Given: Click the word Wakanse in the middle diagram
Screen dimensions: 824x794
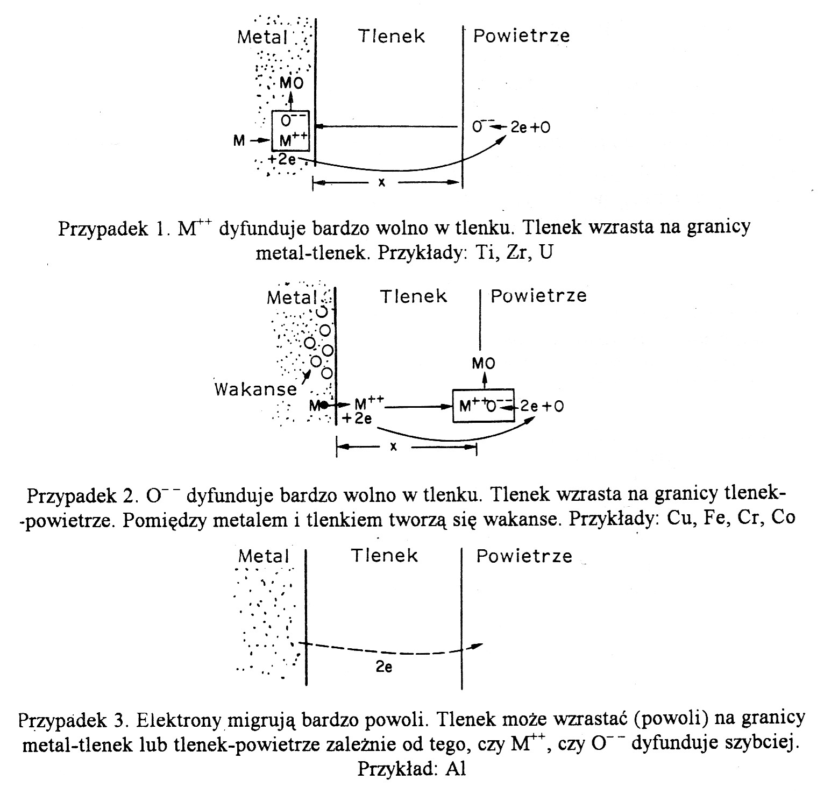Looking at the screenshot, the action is (x=255, y=389).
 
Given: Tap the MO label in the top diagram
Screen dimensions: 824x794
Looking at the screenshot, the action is (x=292, y=83).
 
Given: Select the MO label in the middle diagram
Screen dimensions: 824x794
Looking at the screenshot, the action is (x=483, y=364).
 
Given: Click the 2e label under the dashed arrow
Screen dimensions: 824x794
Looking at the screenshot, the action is (x=383, y=668).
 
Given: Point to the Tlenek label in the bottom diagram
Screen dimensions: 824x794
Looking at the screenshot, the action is (x=384, y=556).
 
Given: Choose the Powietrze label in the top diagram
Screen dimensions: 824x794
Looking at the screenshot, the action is (x=521, y=36).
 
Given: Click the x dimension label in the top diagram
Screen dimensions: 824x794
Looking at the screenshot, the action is (x=382, y=182).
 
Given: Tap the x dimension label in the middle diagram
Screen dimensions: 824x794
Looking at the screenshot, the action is (x=394, y=446).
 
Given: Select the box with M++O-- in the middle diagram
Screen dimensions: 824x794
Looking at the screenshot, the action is (x=483, y=406).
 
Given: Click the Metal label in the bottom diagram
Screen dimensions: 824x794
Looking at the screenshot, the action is (x=264, y=556).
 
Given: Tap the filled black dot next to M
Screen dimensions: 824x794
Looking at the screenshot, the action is (x=324, y=405).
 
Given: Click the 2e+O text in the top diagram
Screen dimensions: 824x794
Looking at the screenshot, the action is (x=530, y=127).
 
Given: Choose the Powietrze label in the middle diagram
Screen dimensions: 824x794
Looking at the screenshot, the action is (x=538, y=296).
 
